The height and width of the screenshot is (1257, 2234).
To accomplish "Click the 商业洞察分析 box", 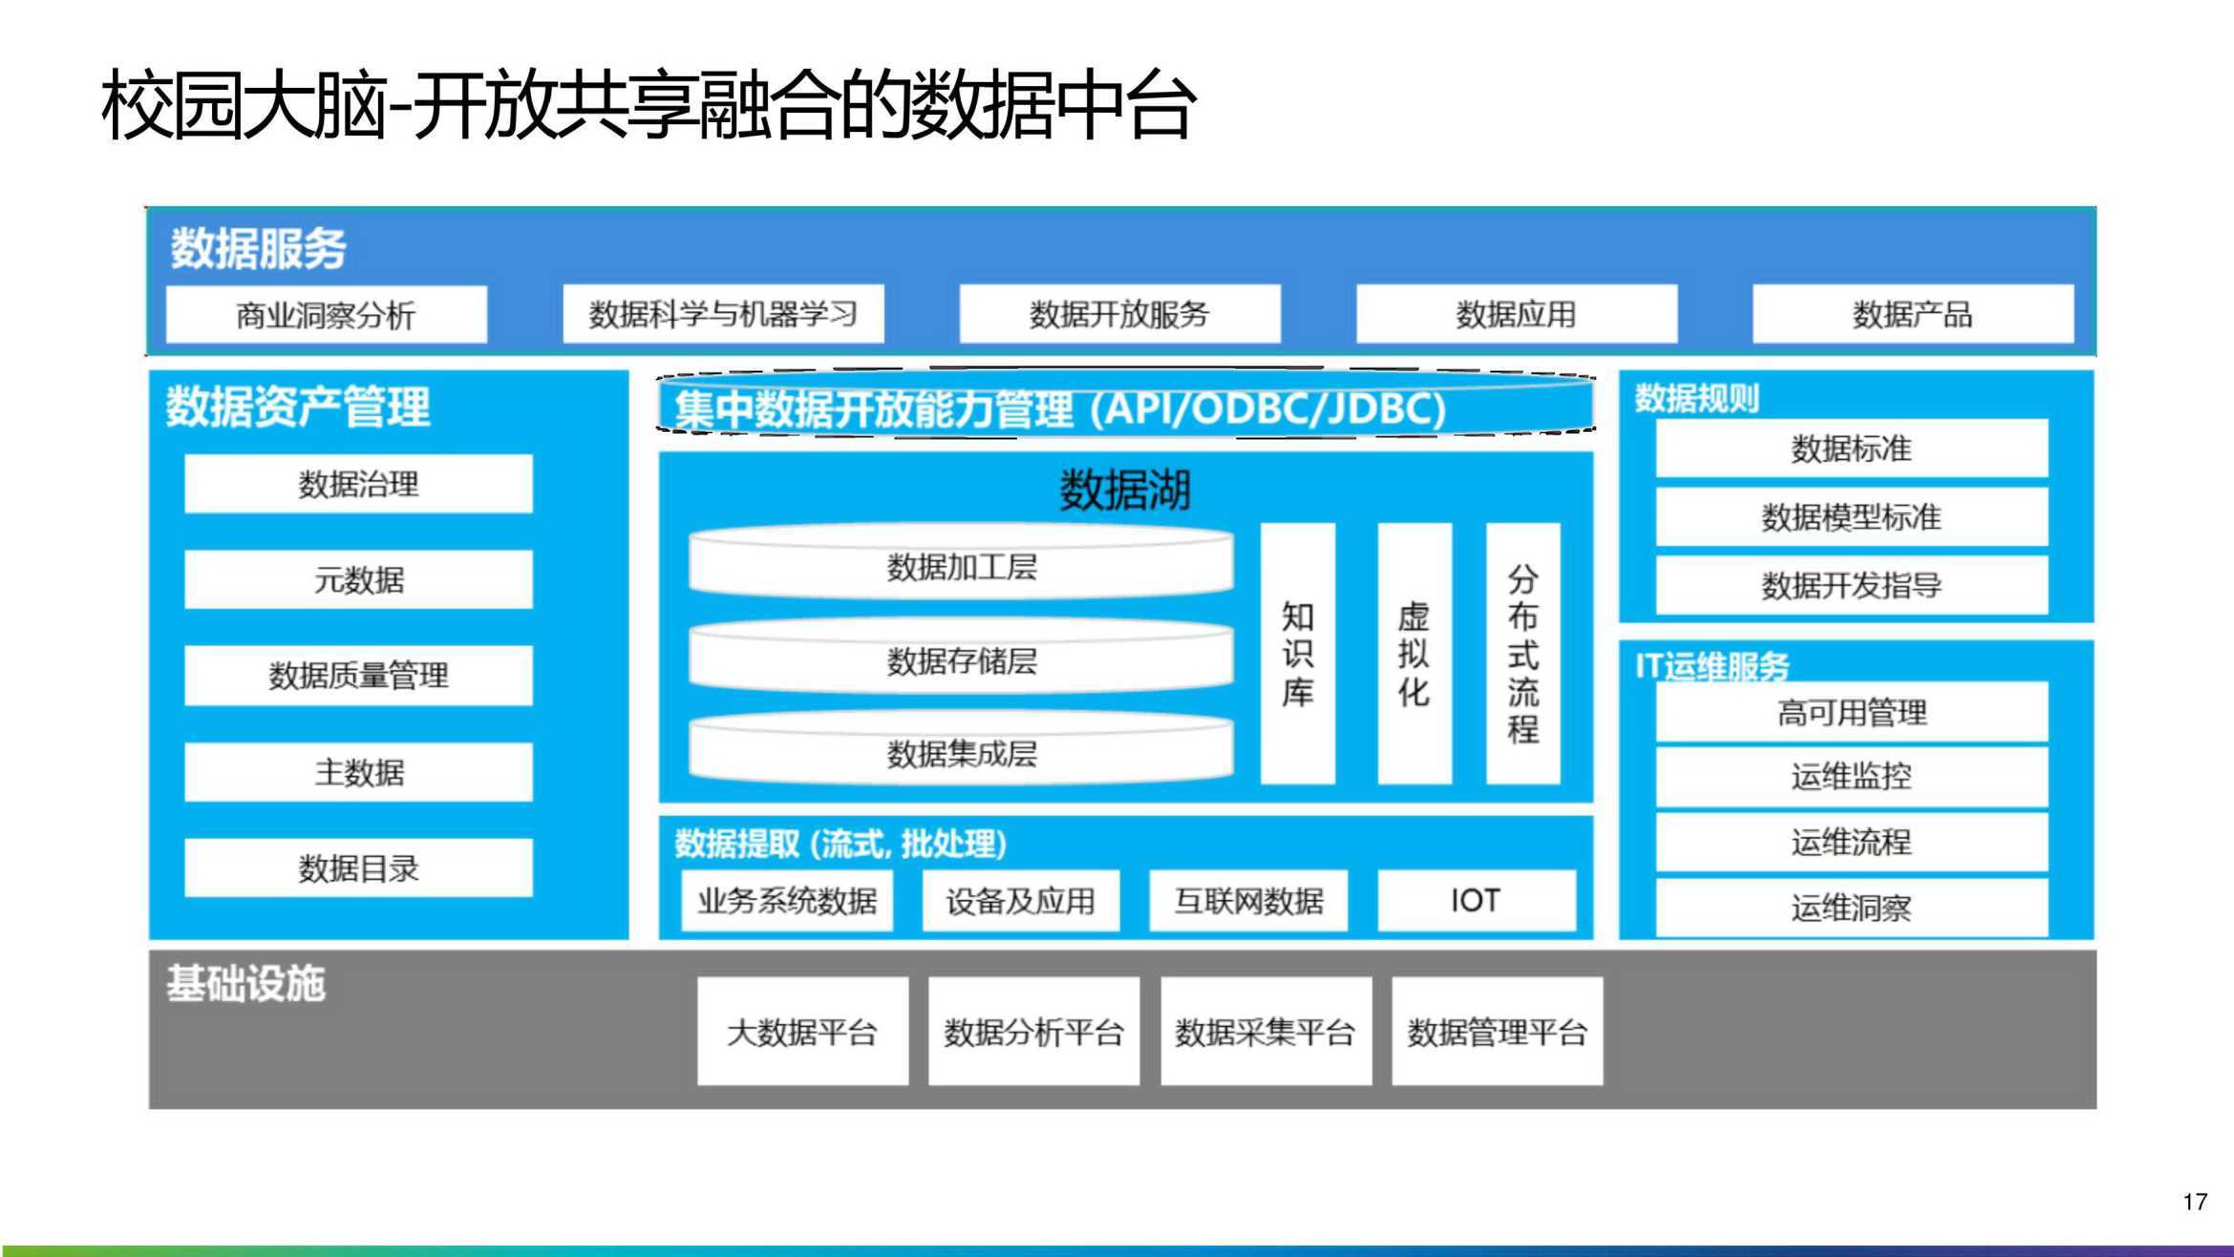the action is (327, 314).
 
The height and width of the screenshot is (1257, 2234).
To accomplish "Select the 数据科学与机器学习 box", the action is (723, 314).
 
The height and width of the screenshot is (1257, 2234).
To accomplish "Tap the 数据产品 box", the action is (1913, 314).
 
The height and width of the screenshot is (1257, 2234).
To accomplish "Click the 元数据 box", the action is (358, 580).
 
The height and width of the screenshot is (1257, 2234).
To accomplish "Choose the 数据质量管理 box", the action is (358, 675).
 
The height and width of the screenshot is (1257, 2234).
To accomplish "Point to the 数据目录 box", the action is (358, 868).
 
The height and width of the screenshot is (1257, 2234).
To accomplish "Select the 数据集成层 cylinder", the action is (962, 752).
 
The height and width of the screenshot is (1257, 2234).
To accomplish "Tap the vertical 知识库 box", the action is (1297, 654).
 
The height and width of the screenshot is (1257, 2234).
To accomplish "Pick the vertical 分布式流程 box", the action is (1523, 654).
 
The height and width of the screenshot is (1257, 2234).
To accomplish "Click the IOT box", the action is (1477, 901).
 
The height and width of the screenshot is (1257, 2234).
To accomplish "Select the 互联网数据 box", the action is (1248, 901).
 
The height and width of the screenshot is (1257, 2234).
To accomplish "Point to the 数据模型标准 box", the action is (1852, 518).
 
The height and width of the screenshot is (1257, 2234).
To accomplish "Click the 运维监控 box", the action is (1852, 777).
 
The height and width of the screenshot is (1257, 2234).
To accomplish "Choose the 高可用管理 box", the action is (1852, 713).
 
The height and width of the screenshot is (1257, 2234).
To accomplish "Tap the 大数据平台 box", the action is (802, 1032).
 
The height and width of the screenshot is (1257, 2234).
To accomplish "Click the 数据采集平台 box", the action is (1266, 1032).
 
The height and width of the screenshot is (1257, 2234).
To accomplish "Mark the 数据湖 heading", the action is (1125, 491).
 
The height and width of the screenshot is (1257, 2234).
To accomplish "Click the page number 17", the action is (2195, 1202).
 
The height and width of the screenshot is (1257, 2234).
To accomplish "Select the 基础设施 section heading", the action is (246, 984).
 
